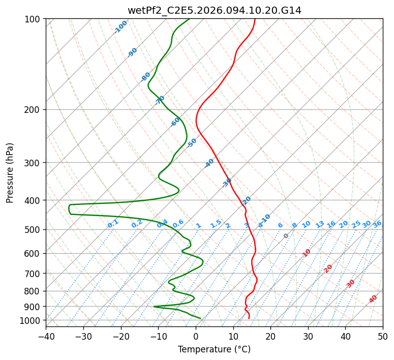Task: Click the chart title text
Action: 214,10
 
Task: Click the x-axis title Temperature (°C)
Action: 214,349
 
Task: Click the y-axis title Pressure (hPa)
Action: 10,173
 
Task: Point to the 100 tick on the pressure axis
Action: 34,19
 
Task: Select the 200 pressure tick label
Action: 34,110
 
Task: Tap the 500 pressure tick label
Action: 34,230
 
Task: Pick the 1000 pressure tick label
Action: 32,320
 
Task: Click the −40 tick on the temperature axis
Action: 46,336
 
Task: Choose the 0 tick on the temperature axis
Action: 196,336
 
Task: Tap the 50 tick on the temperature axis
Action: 383,336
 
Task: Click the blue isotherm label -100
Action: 120,27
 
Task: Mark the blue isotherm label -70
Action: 160,100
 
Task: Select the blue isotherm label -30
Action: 227,183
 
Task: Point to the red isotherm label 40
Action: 373,299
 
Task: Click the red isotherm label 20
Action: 328,268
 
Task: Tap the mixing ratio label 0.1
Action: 113,223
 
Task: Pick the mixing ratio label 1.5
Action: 216,223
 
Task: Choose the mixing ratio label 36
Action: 377,224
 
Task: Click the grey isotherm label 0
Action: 286,236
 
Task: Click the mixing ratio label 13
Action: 320,224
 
